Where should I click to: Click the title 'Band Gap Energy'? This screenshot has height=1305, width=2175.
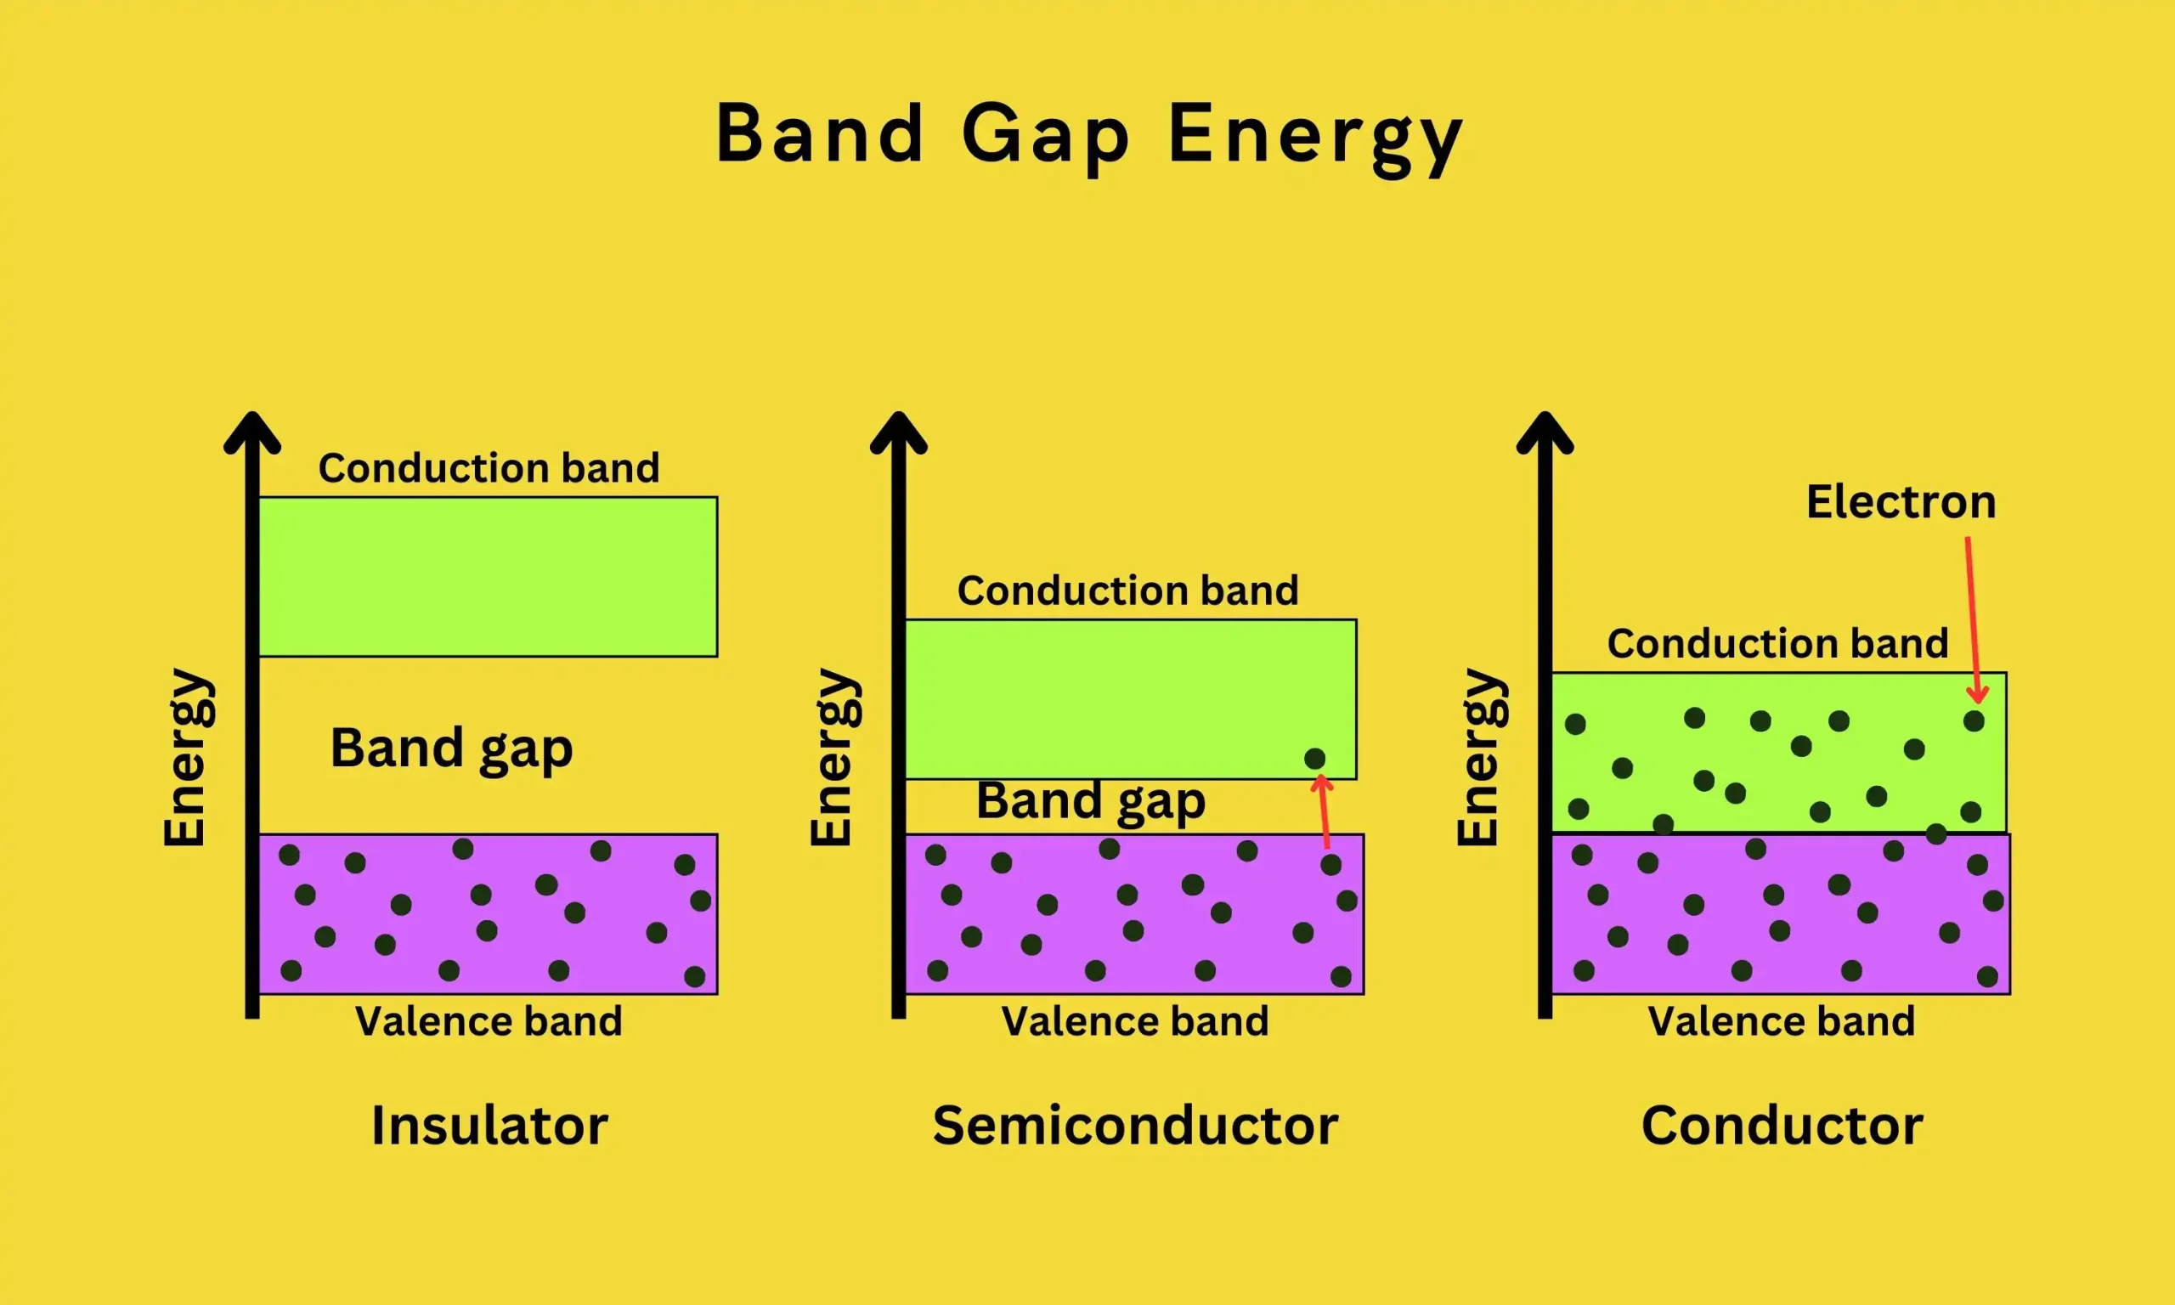point(1088,133)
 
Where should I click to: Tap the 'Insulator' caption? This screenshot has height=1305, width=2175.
point(489,1126)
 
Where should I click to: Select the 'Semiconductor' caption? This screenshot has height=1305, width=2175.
point(1135,1126)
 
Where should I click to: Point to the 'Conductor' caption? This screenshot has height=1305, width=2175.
point(1782,1126)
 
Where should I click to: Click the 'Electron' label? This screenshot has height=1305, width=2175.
point(1901,502)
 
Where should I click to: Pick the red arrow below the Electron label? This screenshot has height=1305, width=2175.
point(1972,616)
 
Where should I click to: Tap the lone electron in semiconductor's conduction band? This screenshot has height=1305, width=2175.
point(1314,759)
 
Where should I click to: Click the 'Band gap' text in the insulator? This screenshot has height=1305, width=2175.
point(451,749)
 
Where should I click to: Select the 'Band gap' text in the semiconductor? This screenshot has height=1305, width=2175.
point(1090,801)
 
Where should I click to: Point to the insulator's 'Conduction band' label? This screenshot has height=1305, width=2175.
point(489,468)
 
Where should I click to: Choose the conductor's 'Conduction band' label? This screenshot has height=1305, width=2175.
point(1777,644)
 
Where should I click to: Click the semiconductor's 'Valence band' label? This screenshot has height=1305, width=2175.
point(1135,1022)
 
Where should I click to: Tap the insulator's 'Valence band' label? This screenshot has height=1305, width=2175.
point(489,1022)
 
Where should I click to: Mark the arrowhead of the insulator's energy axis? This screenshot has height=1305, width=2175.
point(252,431)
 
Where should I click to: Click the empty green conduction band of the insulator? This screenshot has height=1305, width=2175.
point(488,577)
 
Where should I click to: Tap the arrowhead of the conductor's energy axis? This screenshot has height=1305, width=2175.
point(1545,431)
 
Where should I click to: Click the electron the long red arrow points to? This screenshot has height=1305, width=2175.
point(1974,721)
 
